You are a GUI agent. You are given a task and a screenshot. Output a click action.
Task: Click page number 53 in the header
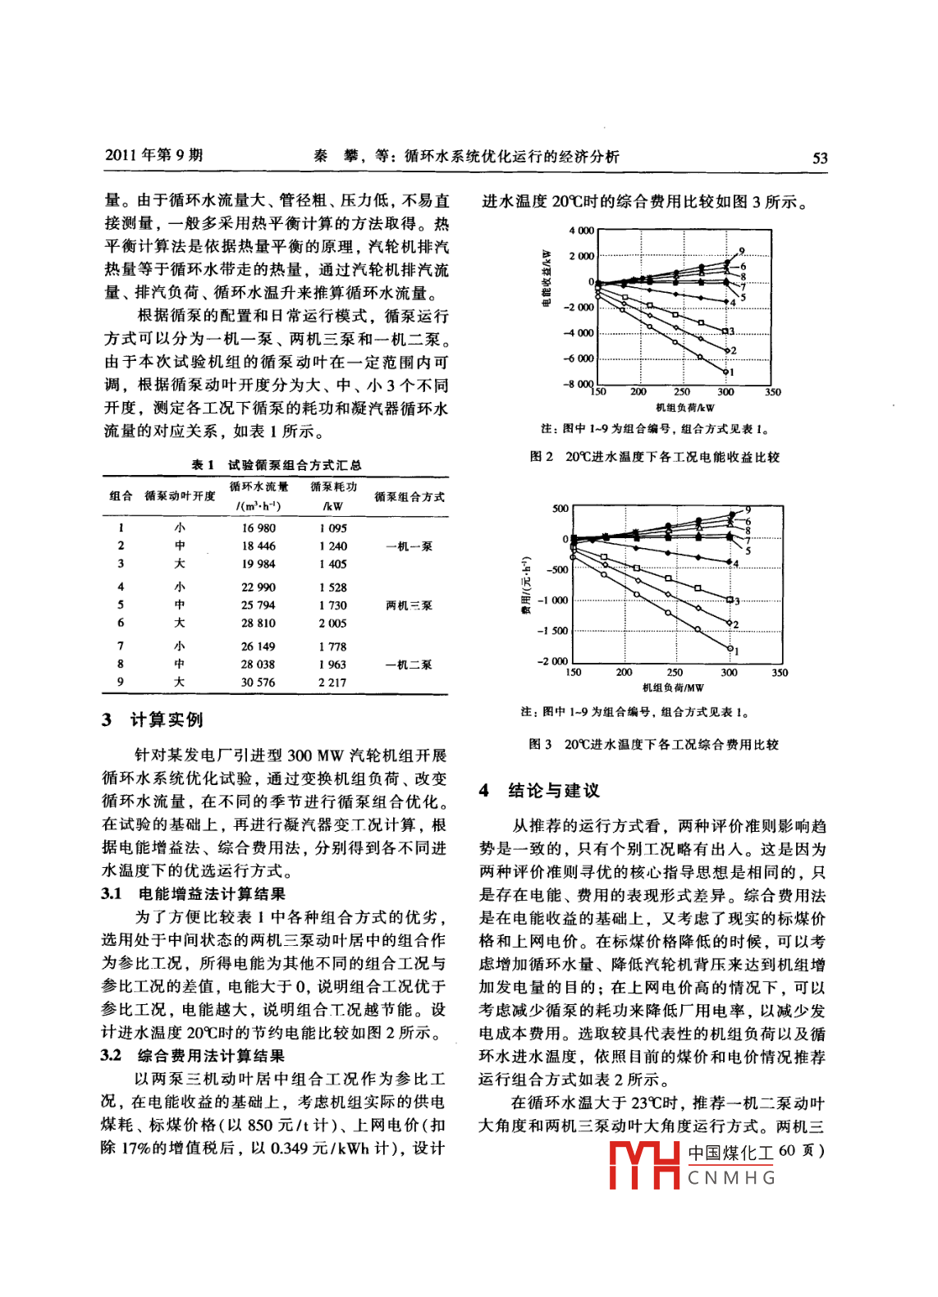(x=819, y=158)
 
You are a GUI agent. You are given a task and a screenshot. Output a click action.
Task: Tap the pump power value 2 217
(x=332, y=683)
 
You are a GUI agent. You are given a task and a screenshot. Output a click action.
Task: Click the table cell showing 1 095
(x=332, y=528)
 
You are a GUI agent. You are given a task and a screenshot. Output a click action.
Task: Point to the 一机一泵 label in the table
(x=409, y=546)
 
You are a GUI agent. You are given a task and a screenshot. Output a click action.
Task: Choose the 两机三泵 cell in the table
(x=409, y=605)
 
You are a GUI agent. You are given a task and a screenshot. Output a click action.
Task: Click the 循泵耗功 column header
(x=333, y=487)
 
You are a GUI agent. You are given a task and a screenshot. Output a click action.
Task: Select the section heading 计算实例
(x=167, y=720)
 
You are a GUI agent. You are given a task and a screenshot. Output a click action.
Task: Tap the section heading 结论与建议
(x=554, y=791)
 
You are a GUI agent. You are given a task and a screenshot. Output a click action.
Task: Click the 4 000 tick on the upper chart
(x=581, y=231)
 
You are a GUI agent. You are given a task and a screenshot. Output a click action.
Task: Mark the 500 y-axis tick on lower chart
(x=560, y=509)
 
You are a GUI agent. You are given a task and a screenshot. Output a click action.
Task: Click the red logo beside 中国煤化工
(x=644, y=1165)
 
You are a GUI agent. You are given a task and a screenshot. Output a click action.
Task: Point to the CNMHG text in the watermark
(x=731, y=1178)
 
